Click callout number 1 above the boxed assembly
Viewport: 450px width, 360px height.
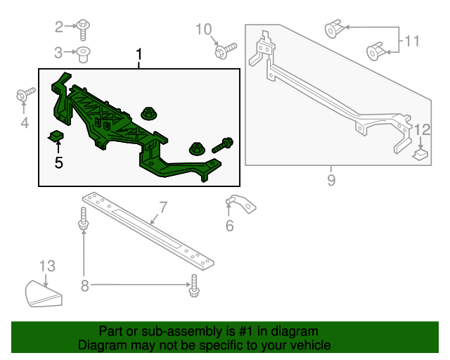point(139,55)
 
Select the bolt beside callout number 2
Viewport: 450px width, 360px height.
point(84,28)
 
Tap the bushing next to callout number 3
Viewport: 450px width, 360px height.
point(84,53)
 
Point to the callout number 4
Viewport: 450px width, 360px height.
point(25,124)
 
